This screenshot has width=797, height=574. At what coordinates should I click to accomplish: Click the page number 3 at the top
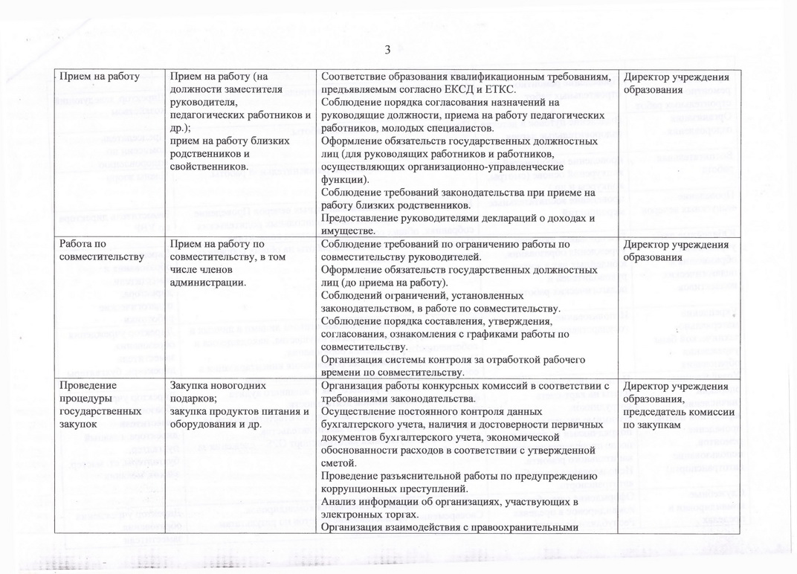coord(387,51)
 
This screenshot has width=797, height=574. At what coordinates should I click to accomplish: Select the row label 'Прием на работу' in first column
coord(100,77)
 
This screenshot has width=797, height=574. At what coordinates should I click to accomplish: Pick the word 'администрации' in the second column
coord(207,283)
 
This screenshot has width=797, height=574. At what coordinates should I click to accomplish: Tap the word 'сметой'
coord(338,462)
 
